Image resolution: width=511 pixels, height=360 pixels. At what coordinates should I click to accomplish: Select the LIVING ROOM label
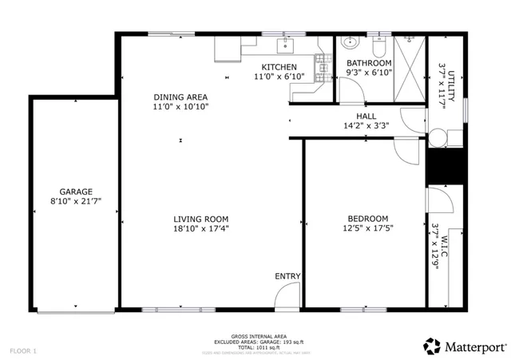click(x=201, y=219)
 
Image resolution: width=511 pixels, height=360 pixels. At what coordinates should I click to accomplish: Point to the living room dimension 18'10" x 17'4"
click(x=201, y=229)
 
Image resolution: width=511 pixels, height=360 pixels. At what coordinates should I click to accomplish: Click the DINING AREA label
click(x=181, y=97)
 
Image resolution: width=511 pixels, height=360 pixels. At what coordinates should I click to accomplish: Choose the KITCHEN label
click(x=279, y=67)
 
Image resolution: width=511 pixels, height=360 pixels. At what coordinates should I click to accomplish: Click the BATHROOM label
click(x=368, y=63)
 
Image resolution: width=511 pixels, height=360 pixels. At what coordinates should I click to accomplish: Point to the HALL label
click(x=366, y=116)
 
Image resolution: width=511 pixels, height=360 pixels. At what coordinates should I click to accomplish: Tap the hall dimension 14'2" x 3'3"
click(x=366, y=125)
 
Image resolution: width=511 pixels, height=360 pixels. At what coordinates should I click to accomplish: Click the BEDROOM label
click(x=367, y=219)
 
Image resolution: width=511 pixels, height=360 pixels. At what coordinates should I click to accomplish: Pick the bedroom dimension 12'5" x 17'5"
click(x=367, y=229)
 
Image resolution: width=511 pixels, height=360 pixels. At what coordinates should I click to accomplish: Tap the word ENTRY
click(x=287, y=276)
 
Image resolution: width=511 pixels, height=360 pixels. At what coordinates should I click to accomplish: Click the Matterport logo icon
click(x=432, y=346)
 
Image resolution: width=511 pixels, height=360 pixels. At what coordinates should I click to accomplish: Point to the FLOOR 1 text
click(x=23, y=350)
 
